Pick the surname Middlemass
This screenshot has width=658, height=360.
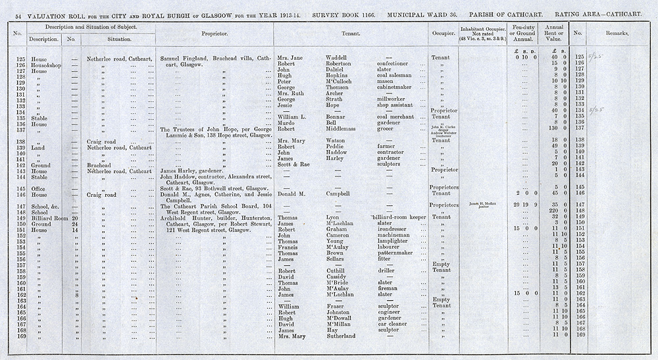[343, 128]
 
